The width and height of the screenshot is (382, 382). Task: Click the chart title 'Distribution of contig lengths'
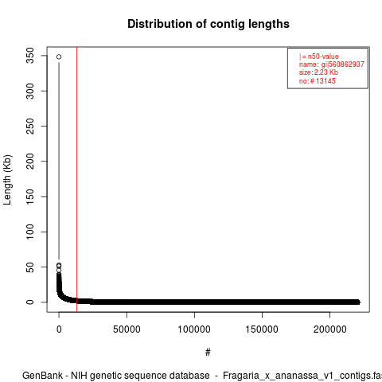coord(209,24)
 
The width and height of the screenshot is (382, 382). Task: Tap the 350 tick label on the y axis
coord(30,56)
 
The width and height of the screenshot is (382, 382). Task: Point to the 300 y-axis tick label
coord(30,91)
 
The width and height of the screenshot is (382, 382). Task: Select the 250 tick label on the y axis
coord(30,126)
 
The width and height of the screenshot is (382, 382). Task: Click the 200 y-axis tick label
coord(30,161)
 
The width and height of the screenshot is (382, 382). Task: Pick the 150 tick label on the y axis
coord(30,197)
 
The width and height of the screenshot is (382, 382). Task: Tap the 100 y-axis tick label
coord(30,232)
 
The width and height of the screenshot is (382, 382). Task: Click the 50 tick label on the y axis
coord(30,267)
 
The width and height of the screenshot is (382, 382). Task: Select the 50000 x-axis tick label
coord(127,329)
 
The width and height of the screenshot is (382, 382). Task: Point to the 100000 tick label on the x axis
coord(194,329)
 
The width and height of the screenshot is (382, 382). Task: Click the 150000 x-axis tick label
coord(262,329)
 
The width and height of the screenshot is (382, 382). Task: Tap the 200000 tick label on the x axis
coord(330,329)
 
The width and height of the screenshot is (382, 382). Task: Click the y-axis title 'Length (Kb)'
coord(7,180)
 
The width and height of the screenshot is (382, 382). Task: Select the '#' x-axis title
coord(208,353)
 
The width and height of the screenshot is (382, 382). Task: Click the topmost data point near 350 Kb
coord(59,57)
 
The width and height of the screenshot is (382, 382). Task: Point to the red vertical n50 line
coord(76,180)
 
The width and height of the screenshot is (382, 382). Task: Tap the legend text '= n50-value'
coord(321,57)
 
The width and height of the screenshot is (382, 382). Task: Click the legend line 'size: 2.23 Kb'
coord(318,72)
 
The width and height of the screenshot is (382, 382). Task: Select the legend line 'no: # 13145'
coord(318,80)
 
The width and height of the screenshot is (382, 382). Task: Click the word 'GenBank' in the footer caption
coord(43,376)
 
